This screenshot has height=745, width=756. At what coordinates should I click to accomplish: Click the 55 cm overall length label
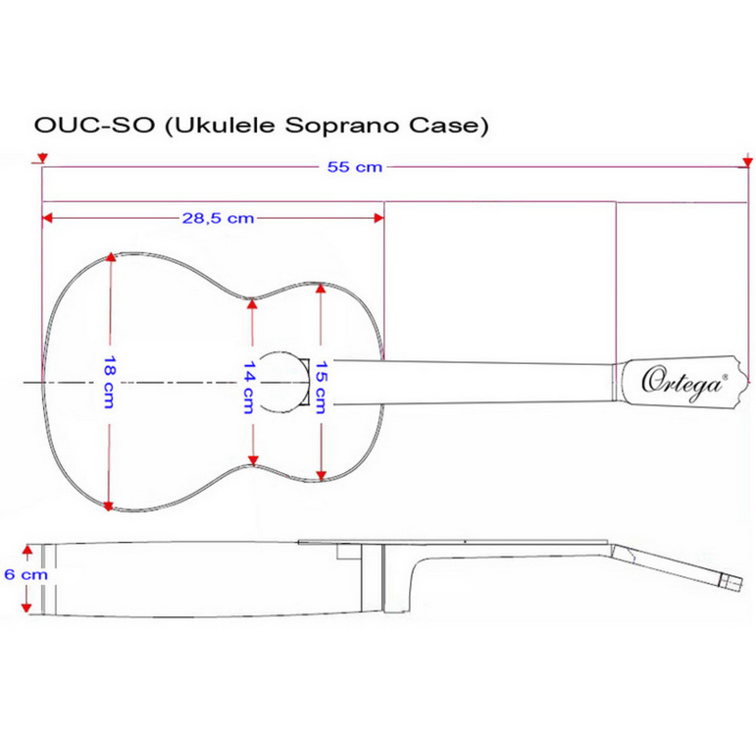pyautogui.click(x=355, y=167)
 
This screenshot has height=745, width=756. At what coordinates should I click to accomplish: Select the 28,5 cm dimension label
pyautogui.click(x=218, y=218)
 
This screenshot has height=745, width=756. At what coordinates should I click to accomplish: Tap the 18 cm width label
pyautogui.click(x=110, y=382)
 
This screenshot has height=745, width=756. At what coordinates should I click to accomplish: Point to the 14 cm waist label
pyautogui.click(x=249, y=388)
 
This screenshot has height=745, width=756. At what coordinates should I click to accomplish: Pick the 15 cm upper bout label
pyautogui.click(x=321, y=388)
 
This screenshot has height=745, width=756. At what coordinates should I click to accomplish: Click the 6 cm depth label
pyautogui.click(x=26, y=574)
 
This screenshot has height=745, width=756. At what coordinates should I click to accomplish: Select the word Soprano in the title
pyautogui.click(x=342, y=126)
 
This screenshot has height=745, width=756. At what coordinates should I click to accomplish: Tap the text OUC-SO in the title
pyautogui.click(x=94, y=126)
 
